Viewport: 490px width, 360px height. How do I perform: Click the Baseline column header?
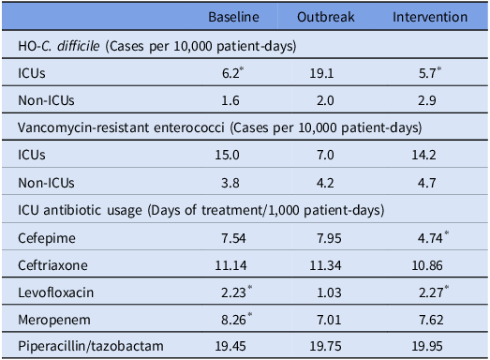pyautogui.click(x=233, y=18)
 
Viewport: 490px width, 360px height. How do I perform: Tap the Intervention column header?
pyautogui.click(x=430, y=18)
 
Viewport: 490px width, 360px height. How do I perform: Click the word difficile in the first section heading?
pyautogui.click(x=82, y=44)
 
